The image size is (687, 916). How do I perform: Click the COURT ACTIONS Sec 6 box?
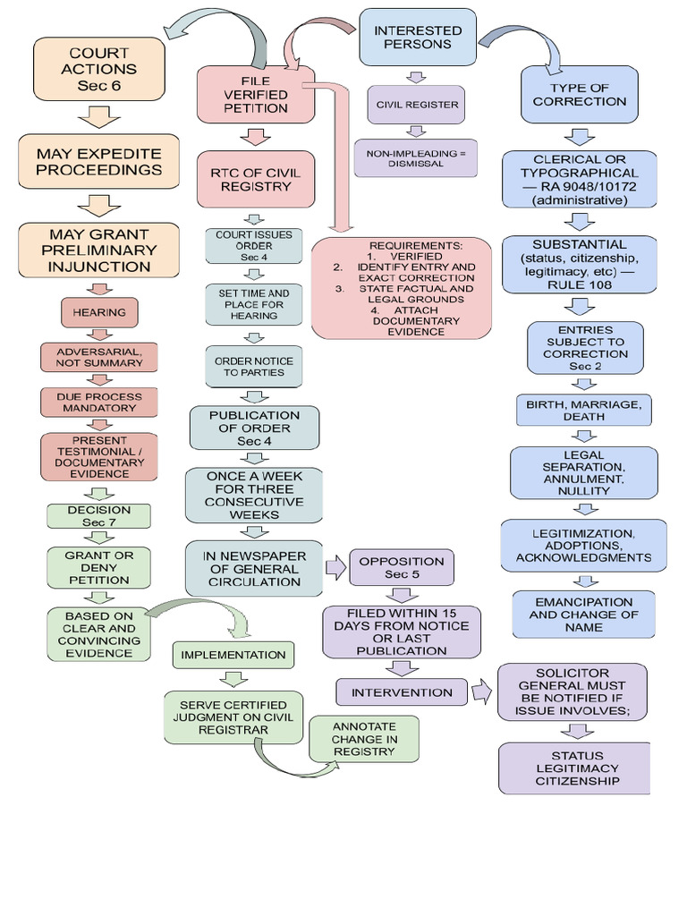pos(99,69)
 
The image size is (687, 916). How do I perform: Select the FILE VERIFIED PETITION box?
pos(256,95)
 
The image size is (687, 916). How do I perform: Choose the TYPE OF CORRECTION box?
pos(579,95)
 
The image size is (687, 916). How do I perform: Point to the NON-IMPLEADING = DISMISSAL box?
pos(416,157)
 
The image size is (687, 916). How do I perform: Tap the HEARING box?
pos(99,313)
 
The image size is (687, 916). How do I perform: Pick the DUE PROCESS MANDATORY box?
pos(99,402)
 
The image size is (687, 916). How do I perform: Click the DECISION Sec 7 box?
pos(99,516)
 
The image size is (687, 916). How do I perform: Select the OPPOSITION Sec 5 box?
pos(401,568)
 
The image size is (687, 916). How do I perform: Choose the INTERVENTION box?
pos(402,692)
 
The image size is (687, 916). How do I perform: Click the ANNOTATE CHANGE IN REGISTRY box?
pos(363,739)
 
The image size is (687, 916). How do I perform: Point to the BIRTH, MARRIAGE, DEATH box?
pos(583,411)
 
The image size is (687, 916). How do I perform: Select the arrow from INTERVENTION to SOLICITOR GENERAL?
pos(481,691)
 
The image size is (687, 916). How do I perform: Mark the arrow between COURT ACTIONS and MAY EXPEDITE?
pos(99,116)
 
